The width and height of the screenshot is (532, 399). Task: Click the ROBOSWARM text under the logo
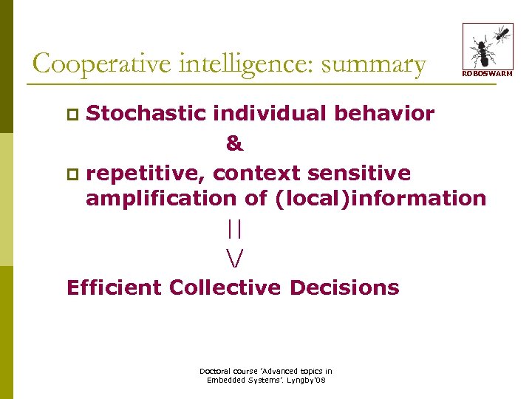pos(487,73)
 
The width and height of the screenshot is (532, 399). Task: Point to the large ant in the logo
pos(483,52)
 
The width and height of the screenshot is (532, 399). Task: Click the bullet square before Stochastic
pos(72,115)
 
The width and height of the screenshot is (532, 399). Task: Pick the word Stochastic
pos(146,114)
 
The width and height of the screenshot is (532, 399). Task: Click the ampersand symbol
pos(234,144)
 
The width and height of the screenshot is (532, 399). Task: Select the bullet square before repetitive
pos(72,175)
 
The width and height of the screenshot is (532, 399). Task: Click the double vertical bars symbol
pos(235,230)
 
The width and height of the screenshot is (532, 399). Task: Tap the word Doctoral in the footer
pos(215,371)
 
